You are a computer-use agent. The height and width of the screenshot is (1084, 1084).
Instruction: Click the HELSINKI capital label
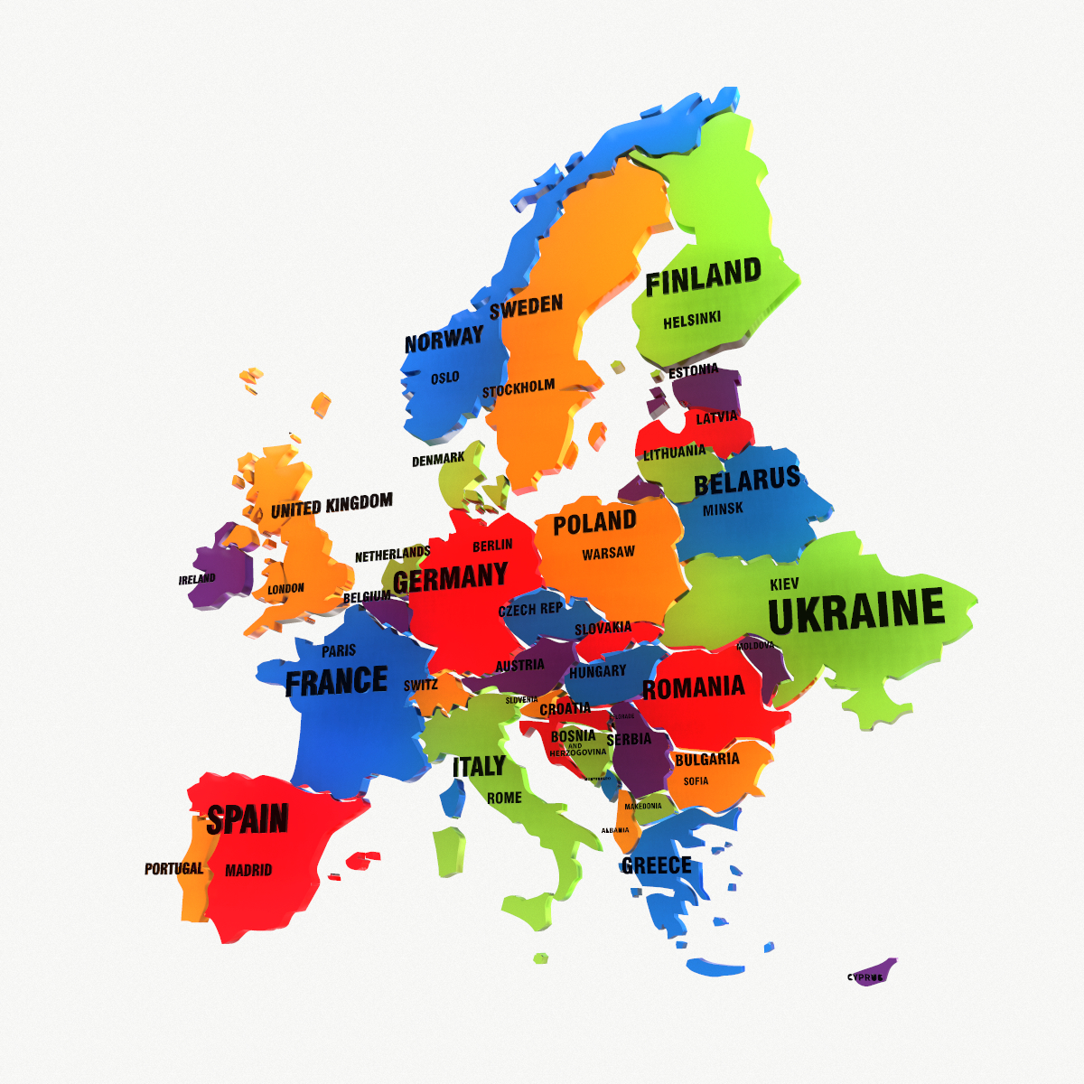[692, 321]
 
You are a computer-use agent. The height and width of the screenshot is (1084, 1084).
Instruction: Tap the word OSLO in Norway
[444, 378]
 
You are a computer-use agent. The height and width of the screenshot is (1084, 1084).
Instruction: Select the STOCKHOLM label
[519, 388]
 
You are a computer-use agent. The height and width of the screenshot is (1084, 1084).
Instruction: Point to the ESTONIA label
[693, 370]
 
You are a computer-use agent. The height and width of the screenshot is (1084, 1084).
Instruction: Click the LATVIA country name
[716, 417]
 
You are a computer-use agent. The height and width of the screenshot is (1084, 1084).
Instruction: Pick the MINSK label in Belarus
[723, 509]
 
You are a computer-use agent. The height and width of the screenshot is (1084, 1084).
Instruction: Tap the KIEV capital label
[784, 584]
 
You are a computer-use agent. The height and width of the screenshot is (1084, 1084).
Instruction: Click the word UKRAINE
[855, 612]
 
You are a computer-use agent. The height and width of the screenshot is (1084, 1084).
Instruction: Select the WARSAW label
[608, 553]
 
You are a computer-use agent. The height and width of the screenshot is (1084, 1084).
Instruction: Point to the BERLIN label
[492, 546]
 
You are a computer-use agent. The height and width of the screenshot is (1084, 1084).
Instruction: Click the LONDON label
[285, 589]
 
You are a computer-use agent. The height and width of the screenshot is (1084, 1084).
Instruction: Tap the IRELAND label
[197, 579]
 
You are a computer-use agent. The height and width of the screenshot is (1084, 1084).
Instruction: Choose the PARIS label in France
[339, 650]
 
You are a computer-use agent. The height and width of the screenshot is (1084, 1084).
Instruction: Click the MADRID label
[248, 870]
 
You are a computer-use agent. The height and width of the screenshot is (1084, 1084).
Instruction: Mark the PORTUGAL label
[174, 869]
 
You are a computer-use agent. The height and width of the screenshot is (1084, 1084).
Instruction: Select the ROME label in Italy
[504, 798]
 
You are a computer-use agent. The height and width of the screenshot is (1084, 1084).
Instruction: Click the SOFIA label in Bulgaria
[696, 781]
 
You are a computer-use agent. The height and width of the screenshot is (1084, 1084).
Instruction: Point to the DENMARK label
[438, 460]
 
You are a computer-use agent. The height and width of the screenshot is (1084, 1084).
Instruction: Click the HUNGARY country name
[597, 671]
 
